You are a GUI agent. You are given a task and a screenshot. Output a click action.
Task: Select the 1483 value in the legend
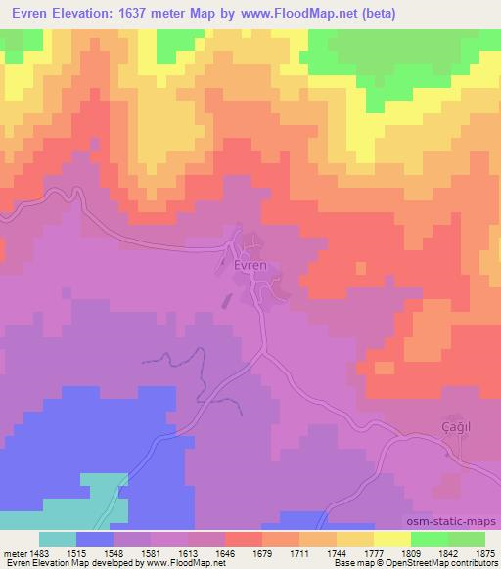tap(43, 553)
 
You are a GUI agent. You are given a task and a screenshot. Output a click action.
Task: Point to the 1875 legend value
tap(485, 553)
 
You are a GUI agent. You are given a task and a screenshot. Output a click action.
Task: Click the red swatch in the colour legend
tap(244, 539)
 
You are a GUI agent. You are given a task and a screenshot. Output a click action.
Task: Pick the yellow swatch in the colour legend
tap(392, 539)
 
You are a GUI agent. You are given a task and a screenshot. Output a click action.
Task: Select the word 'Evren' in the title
tap(26, 13)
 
